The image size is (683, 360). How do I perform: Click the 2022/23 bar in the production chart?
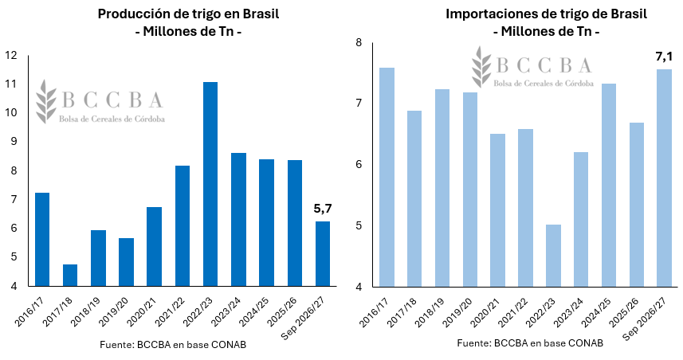210,184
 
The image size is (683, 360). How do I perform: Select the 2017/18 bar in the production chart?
70,275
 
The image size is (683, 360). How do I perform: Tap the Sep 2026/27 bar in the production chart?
322,254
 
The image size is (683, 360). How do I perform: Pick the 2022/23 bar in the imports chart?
553,256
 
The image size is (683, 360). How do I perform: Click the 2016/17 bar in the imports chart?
387,177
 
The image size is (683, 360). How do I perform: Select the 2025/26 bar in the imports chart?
637,205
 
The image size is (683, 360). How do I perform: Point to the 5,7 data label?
323,209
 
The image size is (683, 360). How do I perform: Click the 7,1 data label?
664,57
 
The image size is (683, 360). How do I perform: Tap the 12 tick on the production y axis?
11,55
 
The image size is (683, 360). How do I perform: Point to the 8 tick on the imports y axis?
359,43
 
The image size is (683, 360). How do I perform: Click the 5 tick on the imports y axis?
359,226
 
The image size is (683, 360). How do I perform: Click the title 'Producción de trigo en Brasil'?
188,14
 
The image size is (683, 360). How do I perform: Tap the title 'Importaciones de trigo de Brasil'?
546,14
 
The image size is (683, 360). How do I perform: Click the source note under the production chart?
173,345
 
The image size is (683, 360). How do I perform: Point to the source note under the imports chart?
530,343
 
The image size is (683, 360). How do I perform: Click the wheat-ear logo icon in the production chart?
46,101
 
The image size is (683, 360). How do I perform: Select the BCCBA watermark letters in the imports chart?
544,65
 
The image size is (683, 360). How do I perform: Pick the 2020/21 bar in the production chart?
154,247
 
